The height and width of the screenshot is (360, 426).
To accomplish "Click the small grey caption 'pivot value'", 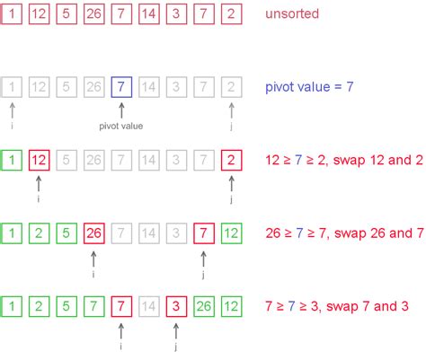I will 121,126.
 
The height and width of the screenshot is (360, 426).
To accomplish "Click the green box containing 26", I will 204,306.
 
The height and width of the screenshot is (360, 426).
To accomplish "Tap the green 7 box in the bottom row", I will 94,306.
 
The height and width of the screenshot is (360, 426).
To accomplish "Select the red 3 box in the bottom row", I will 177,306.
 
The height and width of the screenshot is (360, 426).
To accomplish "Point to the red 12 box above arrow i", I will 40,161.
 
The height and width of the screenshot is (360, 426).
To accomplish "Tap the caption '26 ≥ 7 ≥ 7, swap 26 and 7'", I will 342,233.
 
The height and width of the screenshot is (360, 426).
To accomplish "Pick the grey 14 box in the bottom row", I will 149,306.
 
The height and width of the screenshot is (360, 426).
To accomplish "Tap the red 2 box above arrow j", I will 232,161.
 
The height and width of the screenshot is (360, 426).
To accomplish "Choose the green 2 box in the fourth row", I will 40,233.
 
